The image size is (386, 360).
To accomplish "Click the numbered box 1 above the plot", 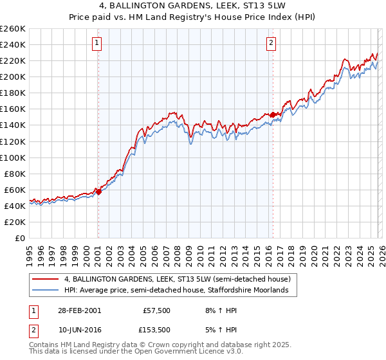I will tap(97, 43).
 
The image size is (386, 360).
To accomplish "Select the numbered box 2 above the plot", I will tap(271, 43).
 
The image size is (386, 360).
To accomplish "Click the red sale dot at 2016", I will tap(273, 114).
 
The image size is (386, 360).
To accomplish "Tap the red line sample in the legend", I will tap(46, 280).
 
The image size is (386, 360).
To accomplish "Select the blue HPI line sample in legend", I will tap(46, 291).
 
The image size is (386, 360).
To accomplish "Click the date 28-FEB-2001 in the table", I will tap(79, 310).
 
